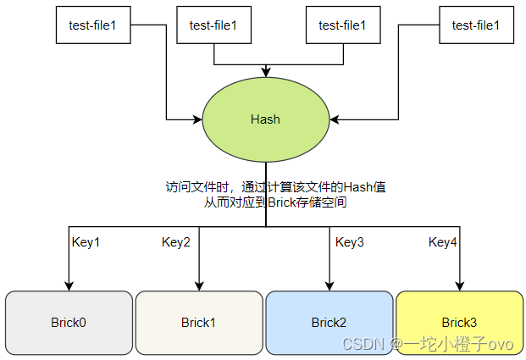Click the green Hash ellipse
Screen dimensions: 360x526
click(x=265, y=119)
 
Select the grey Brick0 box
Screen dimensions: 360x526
click(x=69, y=323)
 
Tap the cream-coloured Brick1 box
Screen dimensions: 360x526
click(x=199, y=323)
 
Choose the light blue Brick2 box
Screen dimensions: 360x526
click(x=329, y=323)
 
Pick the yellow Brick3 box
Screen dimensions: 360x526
click(x=460, y=323)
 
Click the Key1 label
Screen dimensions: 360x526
click(x=86, y=242)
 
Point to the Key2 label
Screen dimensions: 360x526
click(x=176, y=242)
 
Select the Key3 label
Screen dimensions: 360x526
click(x=350, y=242)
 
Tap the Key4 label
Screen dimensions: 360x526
click(x=443, y=242)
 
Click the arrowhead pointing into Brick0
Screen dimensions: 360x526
click(x=69, y=286)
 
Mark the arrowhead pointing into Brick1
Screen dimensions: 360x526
click(x=199, y=286)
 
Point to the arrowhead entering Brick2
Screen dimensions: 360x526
click(x=329, y=286)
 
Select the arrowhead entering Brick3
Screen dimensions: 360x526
click(x=460, y=286)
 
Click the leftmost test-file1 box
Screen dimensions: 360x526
click(x=93, y=25)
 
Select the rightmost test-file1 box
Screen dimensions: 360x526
click(x=476, y=25)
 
